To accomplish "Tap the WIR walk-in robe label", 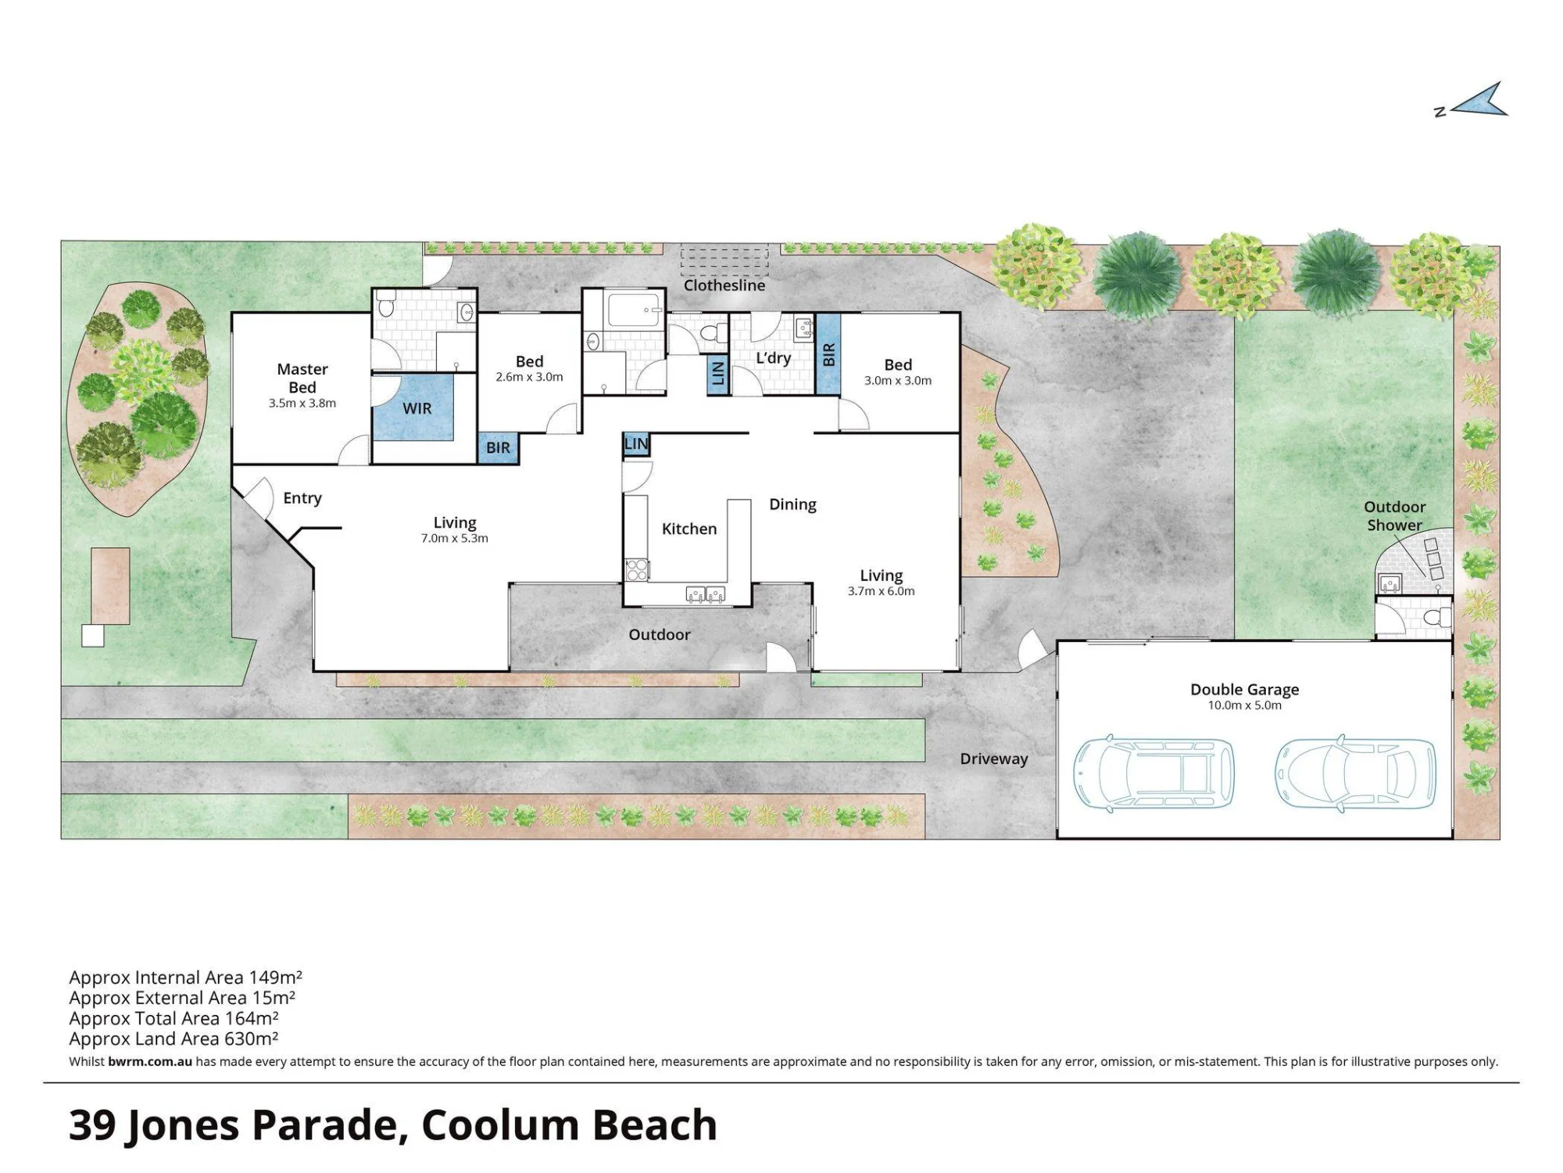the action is [x=417, y=408].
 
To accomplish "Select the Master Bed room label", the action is [x=302, y=378].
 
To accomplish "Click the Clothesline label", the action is [x=724, y=285].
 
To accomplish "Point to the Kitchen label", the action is [x=689, y=529].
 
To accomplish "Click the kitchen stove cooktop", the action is [x=636, y=569].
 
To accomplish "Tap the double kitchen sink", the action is [x=705, y=594].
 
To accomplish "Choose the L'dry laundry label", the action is [x=774, y=358].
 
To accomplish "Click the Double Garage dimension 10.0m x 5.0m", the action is [x=1245, y=705].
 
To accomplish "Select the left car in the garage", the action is [x=1153, y=773].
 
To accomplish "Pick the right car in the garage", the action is [x=1355, y=773].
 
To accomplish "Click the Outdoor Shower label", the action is [x=1395, y=516].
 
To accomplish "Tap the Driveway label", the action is [x=994, y=759].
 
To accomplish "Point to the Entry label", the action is [x=302, y=498].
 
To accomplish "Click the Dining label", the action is [x=792, y=504].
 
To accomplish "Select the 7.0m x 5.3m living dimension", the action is [x=455, y=539].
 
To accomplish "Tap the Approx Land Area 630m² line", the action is [x=173, y=1038].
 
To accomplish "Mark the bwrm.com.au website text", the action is [x=150, y=1062].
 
